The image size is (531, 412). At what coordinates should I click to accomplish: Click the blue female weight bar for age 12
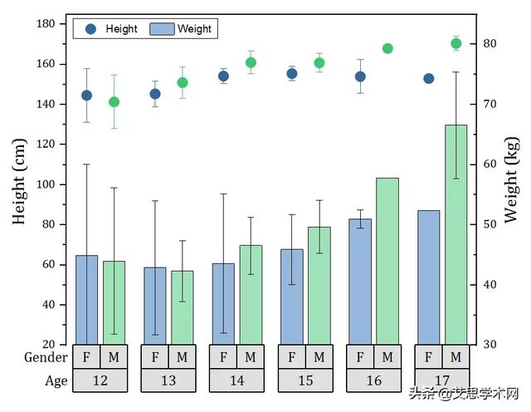point(86,299)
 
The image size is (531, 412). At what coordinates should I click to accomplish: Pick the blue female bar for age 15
point(291,296)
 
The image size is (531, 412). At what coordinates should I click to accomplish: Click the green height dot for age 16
point(387,48)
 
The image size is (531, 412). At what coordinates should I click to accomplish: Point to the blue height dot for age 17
point(428,78)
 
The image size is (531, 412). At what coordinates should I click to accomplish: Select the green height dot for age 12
point(114,102)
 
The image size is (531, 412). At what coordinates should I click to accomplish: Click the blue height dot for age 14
point(223,76)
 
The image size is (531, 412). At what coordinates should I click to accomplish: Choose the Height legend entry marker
point(91,29)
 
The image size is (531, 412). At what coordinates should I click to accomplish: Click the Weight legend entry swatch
point(161,29)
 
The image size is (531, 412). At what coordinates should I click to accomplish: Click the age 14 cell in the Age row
point(236,381)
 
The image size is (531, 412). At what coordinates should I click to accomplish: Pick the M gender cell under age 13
point(183,357)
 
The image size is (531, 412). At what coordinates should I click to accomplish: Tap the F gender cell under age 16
point(360,357)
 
